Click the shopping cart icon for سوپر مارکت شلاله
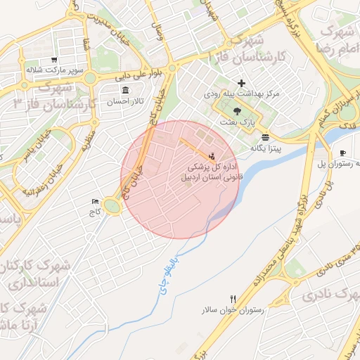point(54,60)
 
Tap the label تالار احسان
point(125,102)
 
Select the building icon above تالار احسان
point(125,91)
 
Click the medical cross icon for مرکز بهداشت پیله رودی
point(242,83)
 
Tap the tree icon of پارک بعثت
point(236,110)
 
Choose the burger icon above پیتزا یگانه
point(265,137)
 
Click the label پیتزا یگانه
point(265,148)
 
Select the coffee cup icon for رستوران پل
point(342,153)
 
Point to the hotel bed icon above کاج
point(96,202)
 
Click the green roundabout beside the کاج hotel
point(112,206)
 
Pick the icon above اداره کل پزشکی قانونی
point(212,155)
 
